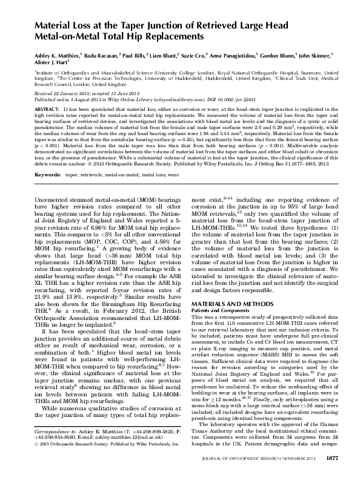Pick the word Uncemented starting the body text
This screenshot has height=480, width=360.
(x=53, y=197)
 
